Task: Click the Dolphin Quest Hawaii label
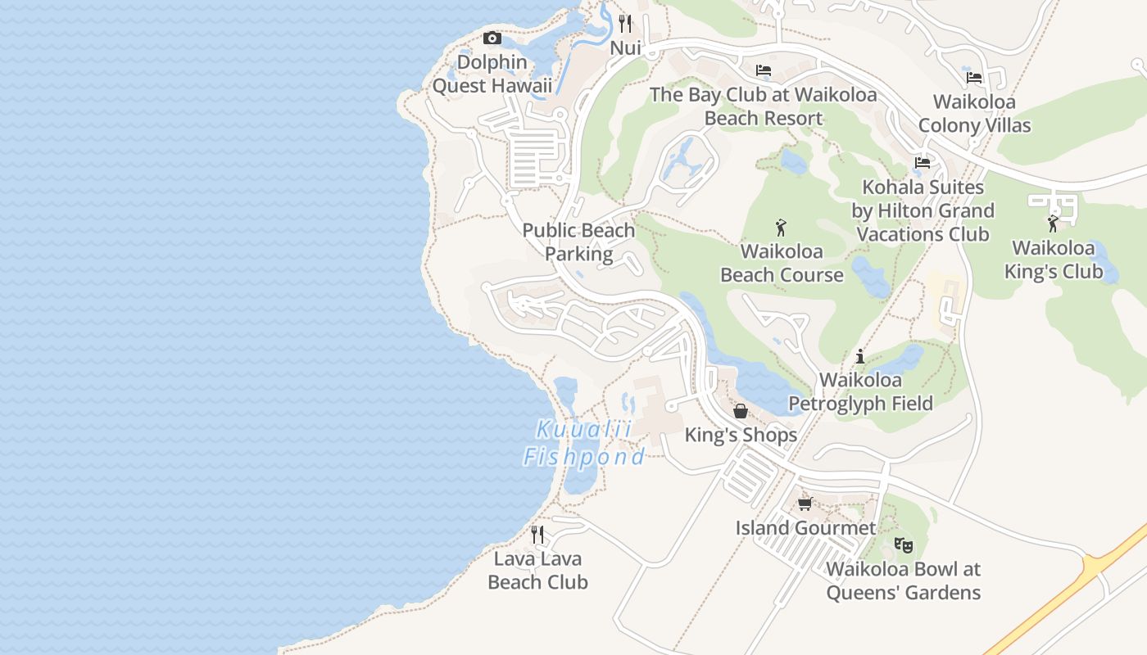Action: (492, 74)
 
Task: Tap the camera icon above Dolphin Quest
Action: (492, 38)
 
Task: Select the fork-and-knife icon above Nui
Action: (625, 23)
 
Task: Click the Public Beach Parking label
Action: (578, 242)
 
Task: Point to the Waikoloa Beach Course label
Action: (782, 263)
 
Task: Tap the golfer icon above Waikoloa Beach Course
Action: (781, 228)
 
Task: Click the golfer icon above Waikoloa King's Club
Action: (1053, 224)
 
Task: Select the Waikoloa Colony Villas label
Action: (974, 114)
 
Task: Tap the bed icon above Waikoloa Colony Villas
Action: (973, 78)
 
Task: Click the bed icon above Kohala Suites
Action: (923, 163)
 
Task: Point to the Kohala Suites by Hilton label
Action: (923, 210)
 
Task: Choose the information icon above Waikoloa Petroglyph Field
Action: (859, 356)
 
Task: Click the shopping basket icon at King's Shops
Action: (741, 411)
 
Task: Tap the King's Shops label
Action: (741, 435)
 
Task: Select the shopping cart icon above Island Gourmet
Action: (805, 504)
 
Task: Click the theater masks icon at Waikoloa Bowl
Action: (903, 544)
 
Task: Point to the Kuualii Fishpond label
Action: (584, 443)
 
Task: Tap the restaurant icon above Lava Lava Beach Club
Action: (537, 535)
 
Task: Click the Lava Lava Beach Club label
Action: (537, 571)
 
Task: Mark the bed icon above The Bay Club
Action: (763, 70)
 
